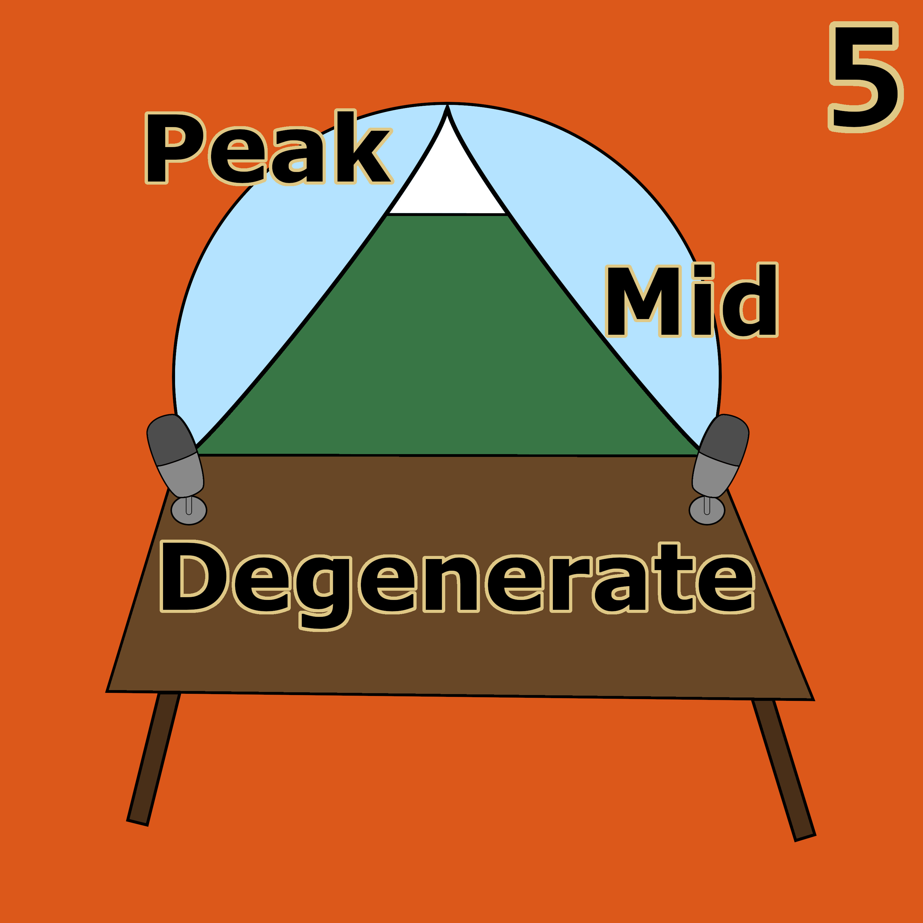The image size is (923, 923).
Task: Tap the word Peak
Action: tap(269, 147)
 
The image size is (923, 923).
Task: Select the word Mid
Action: tap(692, 300)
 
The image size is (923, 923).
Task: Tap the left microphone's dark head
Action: tap(171, 440)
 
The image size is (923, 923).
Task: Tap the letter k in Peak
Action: tap(364, 146)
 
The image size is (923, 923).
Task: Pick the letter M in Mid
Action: tap(643, 301)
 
